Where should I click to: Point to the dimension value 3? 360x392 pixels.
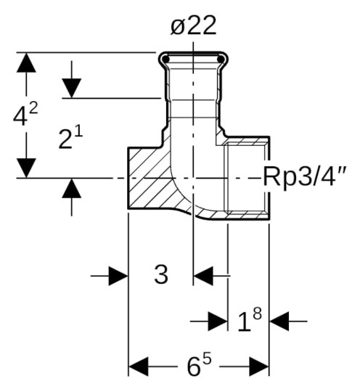click(x=161, y=274)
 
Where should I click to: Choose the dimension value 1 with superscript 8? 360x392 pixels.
click(x=249, y=319)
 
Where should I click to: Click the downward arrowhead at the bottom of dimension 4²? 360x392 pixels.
click(x=26, y=168)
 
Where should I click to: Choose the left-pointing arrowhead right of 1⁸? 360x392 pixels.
click(x=279, y=319)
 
